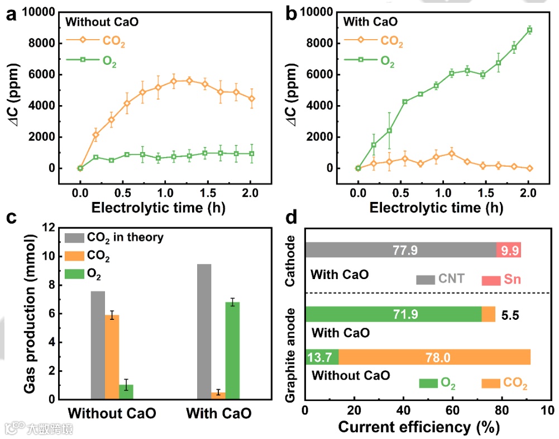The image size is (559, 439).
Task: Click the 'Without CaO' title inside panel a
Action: coord(102,23)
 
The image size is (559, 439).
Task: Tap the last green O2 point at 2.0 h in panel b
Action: coord(528,30)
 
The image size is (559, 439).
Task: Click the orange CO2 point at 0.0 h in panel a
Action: coord(80,168)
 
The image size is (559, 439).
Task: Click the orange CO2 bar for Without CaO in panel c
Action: coord(112,357)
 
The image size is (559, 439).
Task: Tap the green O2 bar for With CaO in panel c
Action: coord(232,351)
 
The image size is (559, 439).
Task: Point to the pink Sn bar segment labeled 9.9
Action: coord(508,249)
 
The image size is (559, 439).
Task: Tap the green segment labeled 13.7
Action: coord(321,356)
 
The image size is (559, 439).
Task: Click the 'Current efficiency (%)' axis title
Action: coord(417,428)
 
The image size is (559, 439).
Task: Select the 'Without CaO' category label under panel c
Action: coord(112,414)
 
